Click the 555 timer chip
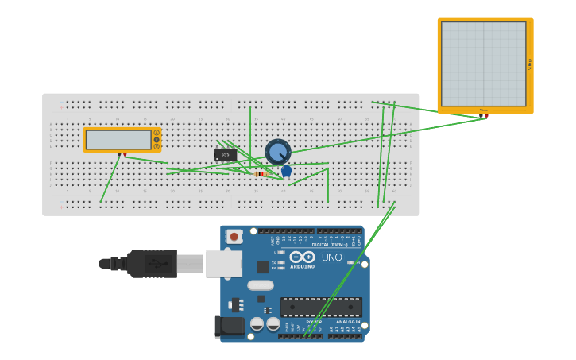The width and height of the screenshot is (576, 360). click(225, 154)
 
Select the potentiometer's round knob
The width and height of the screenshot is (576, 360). click(277, 150)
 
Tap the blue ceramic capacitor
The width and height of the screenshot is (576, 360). click(286, 170)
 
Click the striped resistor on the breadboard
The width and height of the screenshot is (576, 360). click(260, 173)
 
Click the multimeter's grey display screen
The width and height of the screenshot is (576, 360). click(118, 140)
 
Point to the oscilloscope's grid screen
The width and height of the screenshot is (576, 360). click(483, 64)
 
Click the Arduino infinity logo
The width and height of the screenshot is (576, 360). click(302, 257)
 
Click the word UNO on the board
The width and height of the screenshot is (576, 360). click(331, 257)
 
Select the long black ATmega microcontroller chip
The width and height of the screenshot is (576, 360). click(321, 307)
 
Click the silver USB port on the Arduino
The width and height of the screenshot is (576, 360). click(223, 263)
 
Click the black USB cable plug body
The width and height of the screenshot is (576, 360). click(152, 263)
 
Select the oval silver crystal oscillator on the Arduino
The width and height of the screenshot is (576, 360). click(260, 285)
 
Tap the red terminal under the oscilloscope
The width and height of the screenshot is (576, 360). click(486, 116)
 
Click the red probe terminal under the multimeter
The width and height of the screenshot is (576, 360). click(125, 154)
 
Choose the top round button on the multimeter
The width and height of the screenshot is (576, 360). click(157, 133)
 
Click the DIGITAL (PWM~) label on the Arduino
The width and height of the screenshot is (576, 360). click(333, 245)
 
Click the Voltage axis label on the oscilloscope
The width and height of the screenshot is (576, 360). click(530, 64)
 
